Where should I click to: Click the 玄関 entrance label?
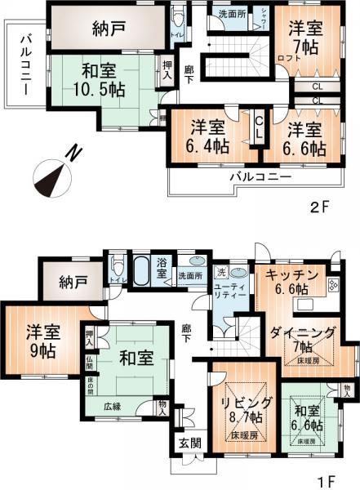[184, 445]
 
